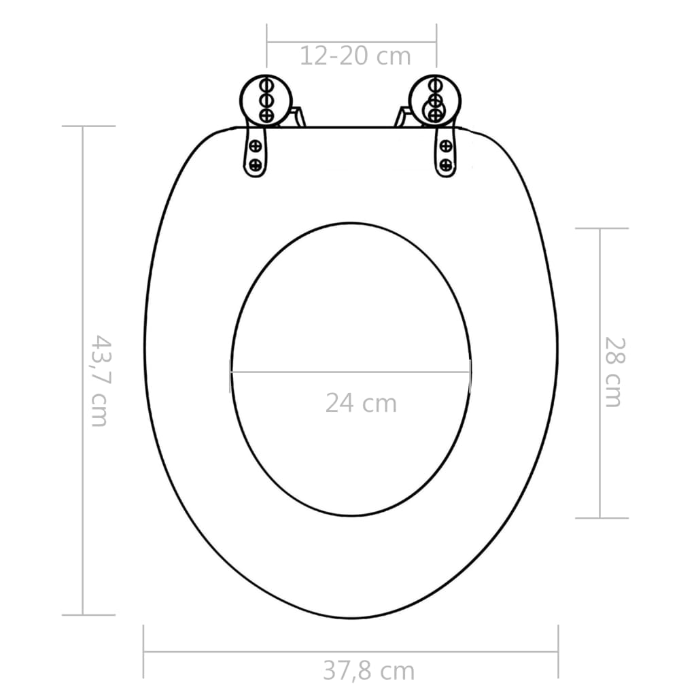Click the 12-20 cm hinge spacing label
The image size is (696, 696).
[355, 56]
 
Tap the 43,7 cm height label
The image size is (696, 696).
[99, 380]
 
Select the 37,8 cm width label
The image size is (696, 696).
[368, 671]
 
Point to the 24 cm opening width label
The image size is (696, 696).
[360, 403]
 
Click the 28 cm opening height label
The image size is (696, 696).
[612, 372]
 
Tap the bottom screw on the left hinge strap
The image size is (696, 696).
[256, 164]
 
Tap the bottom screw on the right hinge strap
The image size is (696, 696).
[446, 164]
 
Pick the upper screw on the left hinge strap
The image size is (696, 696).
[256, 145]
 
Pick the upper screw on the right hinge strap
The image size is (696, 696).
[446, 145]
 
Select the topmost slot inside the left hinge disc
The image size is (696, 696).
[266, 86]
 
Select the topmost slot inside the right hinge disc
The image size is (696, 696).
[433, 86]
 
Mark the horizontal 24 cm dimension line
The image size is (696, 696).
[350, 372]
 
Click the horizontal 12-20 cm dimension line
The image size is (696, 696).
[351, 43]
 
